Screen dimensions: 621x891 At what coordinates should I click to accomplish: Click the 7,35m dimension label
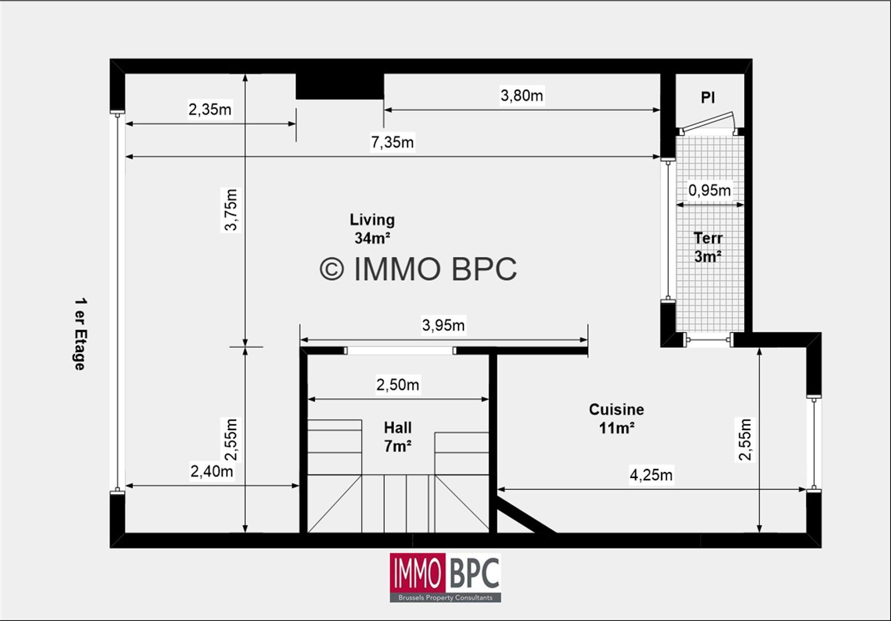click(x=392, y=143)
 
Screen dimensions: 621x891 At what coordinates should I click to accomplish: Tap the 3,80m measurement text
click(x=521, y=96)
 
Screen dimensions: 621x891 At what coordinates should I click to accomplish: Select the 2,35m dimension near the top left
click(x=209, y=110)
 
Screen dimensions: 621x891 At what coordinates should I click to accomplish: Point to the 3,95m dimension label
click(x=443, y=325)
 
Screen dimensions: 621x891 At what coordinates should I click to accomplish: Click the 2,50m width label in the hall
click(x=398, y=385)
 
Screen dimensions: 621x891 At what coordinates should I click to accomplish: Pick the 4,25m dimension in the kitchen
click(x=650, y=475)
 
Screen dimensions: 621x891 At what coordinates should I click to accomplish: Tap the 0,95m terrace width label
click(x=709, y=190)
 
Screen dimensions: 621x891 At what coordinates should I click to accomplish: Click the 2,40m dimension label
click(x=212, y=472)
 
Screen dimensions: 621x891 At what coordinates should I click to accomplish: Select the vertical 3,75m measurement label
click(x=231, y=209)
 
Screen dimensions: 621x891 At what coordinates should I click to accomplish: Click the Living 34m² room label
click(x=372, y=229)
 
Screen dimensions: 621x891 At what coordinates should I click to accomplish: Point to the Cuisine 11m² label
click(x=616, y=418)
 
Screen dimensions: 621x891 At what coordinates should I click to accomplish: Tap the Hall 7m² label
click(x=398, y=437)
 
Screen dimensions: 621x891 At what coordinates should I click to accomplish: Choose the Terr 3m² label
click(x=708, y=247)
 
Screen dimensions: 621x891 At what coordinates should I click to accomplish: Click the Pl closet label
click(x=708, y=98)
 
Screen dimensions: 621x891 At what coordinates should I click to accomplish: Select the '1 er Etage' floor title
click(x=80, y=334)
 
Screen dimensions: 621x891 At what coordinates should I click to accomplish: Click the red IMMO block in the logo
click(x=417, y=573)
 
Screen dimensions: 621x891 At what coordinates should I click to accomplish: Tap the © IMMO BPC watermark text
click(x=418, y=269)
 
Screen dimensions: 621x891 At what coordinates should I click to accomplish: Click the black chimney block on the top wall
click(x=339, y=86)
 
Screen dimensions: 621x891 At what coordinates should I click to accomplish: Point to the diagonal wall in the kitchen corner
click(x=526, y=516)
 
